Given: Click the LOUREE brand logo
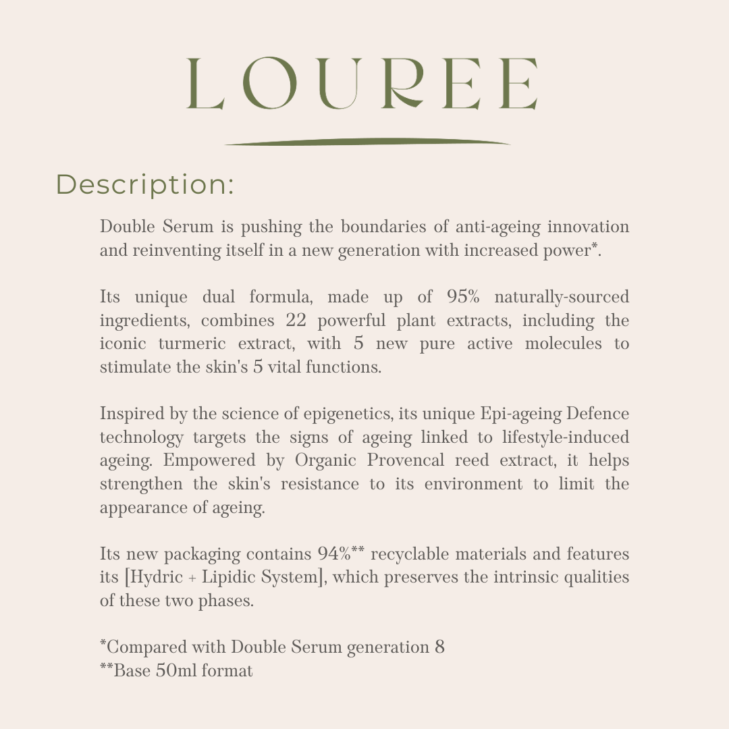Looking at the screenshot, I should click(362, 84).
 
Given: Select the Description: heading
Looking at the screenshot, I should click(145, 185).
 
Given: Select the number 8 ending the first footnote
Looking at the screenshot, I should click(439, 648).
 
